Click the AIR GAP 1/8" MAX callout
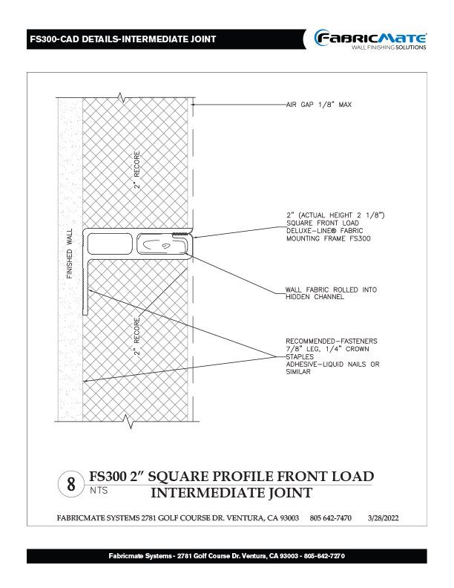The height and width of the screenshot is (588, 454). [318, 105]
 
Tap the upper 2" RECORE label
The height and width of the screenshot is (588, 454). [137, 171]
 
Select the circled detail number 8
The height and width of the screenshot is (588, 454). [71, 485]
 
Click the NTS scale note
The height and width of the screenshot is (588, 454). [97, 491]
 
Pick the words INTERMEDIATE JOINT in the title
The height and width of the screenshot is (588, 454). [231, 492]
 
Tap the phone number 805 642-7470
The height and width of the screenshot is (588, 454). [331, 517]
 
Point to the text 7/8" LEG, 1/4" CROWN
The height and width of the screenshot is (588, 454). [328, 348]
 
